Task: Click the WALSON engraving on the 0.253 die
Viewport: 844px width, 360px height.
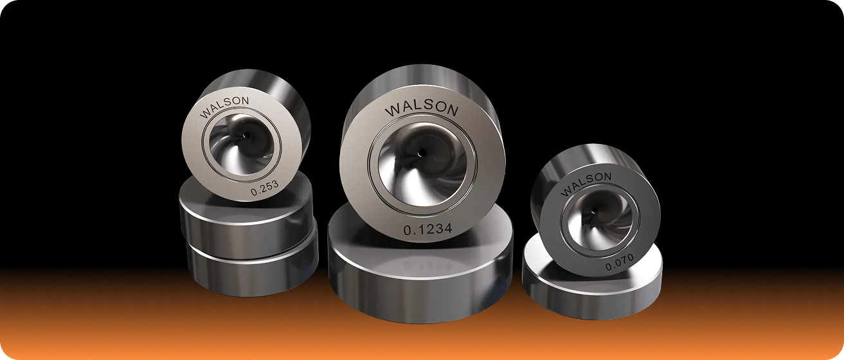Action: point(224,107)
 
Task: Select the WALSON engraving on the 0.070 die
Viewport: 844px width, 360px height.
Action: point(586,183)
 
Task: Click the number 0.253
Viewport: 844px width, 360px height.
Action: point(264,187)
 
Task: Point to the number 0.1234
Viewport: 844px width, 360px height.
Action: point(427,229)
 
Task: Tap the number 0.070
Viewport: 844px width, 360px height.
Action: point(620,262)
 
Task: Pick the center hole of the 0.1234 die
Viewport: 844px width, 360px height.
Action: point(422,152)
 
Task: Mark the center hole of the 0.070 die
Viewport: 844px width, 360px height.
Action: point(595,211)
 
